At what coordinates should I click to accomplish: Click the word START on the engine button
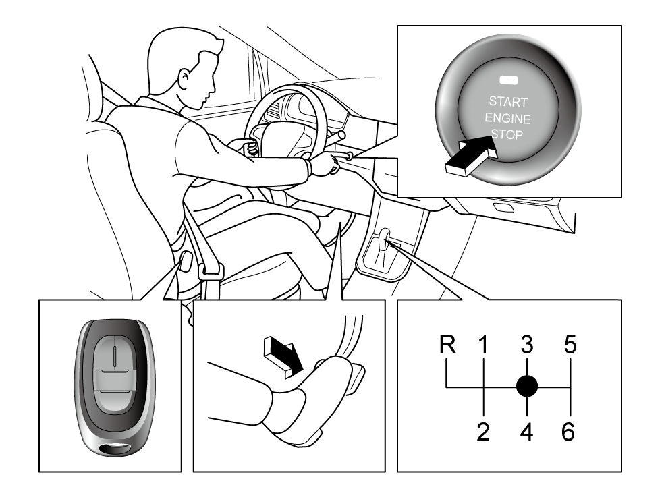508,102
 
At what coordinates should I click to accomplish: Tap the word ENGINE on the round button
507,118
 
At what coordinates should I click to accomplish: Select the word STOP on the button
507,134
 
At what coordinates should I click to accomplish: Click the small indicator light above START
509,80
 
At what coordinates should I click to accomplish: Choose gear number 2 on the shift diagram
483,432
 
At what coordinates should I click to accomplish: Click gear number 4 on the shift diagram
526,432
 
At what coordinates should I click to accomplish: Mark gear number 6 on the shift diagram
568,432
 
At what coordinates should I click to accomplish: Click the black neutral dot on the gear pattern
527,386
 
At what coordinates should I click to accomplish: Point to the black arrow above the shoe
283,356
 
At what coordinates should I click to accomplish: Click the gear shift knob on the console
385,234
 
